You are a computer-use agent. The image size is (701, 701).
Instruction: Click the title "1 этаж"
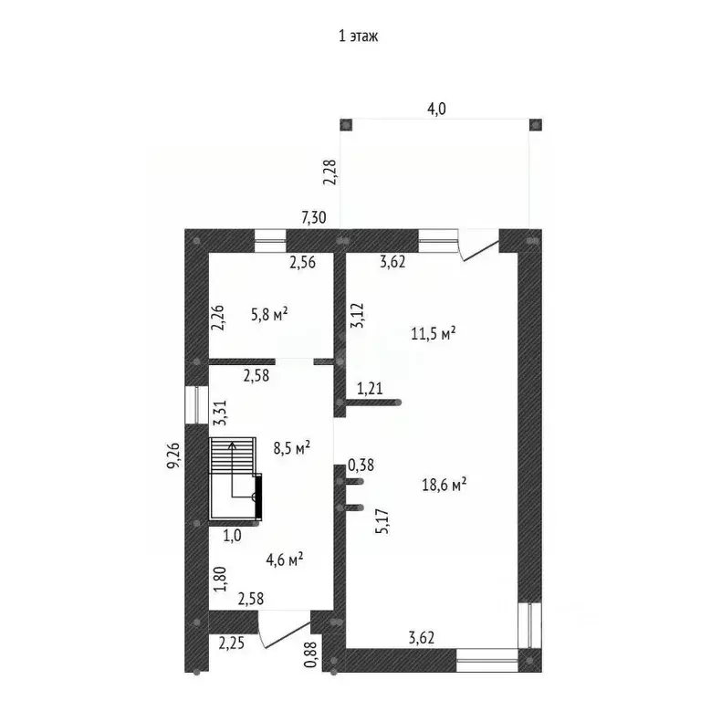(358, 37)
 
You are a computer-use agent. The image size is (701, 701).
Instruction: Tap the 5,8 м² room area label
(269, 314)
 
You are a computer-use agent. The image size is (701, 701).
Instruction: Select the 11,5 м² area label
(434, 333)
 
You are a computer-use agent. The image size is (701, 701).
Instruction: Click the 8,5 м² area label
(292, 447)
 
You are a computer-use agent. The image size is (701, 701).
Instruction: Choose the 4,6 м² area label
(285, 560)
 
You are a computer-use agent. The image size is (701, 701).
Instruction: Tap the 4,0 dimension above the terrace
(437, 109)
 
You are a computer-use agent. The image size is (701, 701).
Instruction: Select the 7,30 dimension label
(315, 217)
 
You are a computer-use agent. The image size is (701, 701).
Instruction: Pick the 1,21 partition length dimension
(370, 389)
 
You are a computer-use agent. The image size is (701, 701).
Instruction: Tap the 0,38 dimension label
(361, 466)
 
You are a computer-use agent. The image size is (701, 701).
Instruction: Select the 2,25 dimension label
(231, 643)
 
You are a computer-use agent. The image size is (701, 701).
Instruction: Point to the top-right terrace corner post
(535, 124)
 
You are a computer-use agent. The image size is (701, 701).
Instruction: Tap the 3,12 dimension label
(358, 315)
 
